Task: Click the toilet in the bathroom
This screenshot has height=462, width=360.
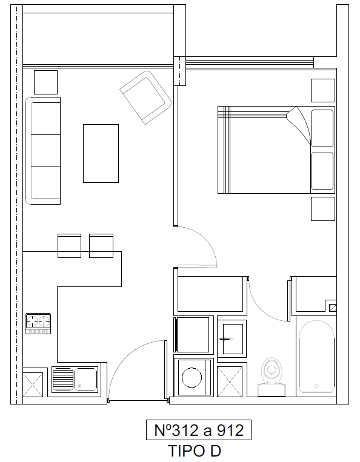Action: pyautogui.click(x=272, y=377)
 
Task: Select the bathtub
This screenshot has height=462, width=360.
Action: pyautogui.click(x=316, y=357)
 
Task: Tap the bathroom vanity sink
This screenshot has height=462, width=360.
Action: pyautogui.click(x=233, y=339)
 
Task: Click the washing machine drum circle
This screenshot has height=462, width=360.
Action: pyautogui.click(x=192, y=377)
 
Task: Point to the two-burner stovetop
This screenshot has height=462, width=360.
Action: pyautogui.click(x=38, y=323)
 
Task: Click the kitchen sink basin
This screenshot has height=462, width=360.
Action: pyautogui.click(x=85, y=379)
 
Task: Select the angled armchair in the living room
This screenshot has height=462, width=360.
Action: pyautogui.click(x=145, y=97)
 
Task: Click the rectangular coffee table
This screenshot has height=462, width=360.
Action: pyautogui.click(x=101, y=154)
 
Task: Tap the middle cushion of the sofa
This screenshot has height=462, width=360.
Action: pyautogui.click(x=45, y=151)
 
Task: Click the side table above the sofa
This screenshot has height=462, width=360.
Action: pyautogui.click(x=45, y=82)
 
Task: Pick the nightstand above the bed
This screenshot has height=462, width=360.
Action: pyautogui.click(x=323, y=90)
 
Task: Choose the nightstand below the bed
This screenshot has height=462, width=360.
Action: pyautogui.click(x=323, y=209)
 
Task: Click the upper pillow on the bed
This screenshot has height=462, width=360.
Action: pyautogui.click(x=322, y=128)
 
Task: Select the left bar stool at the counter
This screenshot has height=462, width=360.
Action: pyautogui.click(x=69, y=246)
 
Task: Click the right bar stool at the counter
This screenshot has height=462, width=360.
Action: pyautogui.click(x=101, y=246)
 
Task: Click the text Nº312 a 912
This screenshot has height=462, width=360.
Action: pyautogui.click(x=199, y=430)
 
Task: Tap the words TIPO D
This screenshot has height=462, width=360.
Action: pyautogui.click(x=195, y=451)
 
